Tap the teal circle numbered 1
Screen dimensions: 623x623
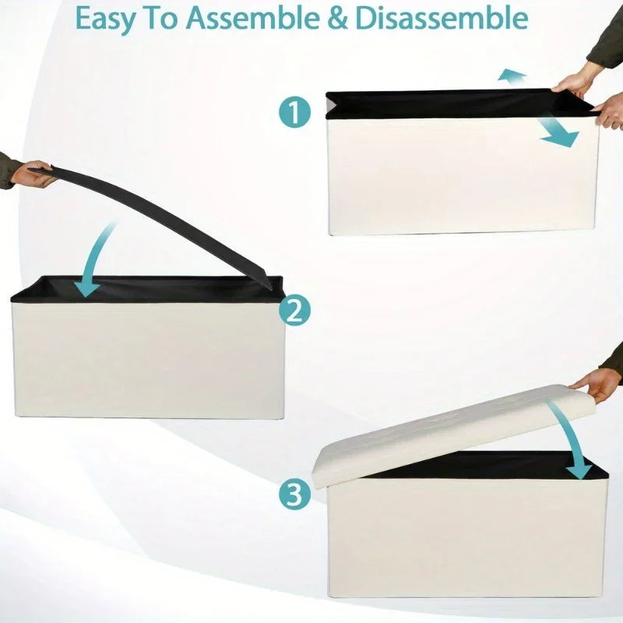[294, 113]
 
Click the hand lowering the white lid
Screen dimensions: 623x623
[596, 383]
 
